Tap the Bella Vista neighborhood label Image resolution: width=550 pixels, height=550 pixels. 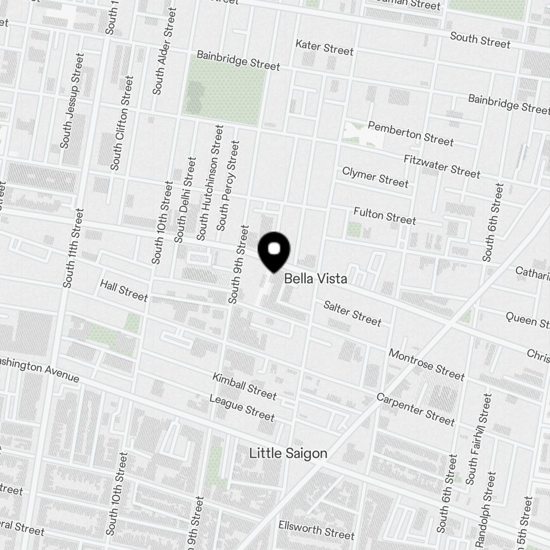315,279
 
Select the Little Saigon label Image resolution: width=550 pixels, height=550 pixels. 288,454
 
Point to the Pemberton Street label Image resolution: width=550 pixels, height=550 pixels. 410,134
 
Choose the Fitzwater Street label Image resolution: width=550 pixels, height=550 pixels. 442,166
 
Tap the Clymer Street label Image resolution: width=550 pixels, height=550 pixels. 375,177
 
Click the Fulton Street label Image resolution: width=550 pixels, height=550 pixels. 384,215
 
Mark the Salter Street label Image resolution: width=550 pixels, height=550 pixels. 352,312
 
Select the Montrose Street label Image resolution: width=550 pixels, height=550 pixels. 426,364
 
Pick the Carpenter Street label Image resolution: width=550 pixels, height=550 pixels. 415,409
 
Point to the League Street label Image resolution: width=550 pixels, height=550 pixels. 241,407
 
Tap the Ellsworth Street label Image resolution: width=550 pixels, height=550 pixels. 316,531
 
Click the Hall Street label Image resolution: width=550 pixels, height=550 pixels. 124,290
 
